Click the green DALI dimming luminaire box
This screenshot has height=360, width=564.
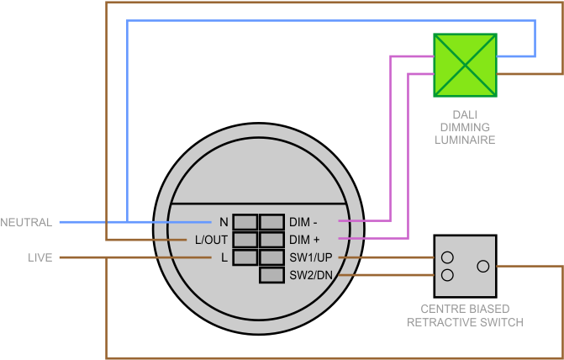click(x=465, y=65)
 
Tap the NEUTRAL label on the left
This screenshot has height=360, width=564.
click(x=26, y=222)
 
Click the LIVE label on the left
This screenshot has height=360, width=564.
click(x=40, y=257)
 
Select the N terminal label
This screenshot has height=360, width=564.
click(x=224, y=222)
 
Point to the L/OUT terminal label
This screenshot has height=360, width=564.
click(x=211, y=240)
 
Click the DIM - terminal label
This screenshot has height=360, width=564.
click(x=303, y=222)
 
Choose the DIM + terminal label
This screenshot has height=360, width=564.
click(x=304, y=240)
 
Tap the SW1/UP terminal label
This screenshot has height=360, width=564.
click(x=311, y=257)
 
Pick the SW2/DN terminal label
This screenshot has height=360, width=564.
click(x=311, y=275)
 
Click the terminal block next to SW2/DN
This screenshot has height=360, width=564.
click(x=271, y=275)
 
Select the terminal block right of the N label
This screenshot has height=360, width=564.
click(x=245, y=222)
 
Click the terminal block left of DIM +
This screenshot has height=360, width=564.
click(x=271, y=240)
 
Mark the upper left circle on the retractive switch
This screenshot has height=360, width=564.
click(x=448, y=257)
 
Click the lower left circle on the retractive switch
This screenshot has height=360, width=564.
click(x=448, y=275)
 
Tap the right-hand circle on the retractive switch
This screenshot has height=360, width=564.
click(x=482, y=266)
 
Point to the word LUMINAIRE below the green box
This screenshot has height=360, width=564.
click(x=465, y=140)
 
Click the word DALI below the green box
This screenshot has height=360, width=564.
click(x=465, y=114)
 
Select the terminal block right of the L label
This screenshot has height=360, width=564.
click(x=245, y=257)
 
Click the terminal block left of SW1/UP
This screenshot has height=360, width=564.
click(x=271, y=257)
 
